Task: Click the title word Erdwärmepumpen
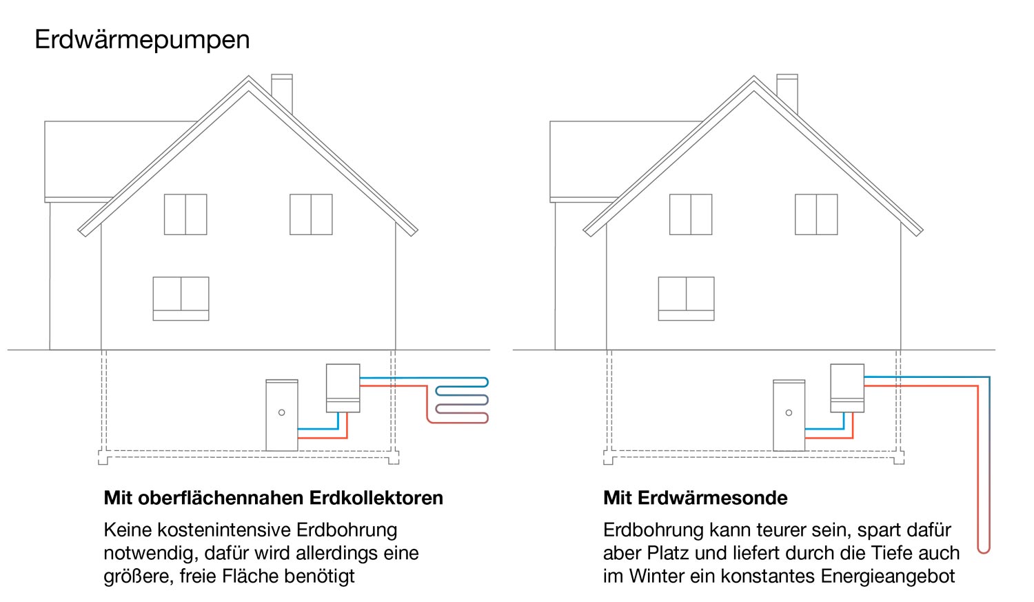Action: [142, 40]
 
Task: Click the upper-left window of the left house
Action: [185, 214]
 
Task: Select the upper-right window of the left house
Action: [311, 214]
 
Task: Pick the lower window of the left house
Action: [181, 299]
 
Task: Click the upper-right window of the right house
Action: [816, 214]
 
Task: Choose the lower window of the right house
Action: [686, 299]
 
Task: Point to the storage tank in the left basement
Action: [282, 415]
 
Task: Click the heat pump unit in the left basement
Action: [343, 388]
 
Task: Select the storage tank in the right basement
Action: [789, 415]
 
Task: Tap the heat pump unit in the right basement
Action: [847, 388]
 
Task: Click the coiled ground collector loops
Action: [461, 400]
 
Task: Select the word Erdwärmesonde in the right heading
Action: [713, 498]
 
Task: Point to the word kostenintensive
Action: [234, 530]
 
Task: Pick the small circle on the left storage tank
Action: [281, 412]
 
